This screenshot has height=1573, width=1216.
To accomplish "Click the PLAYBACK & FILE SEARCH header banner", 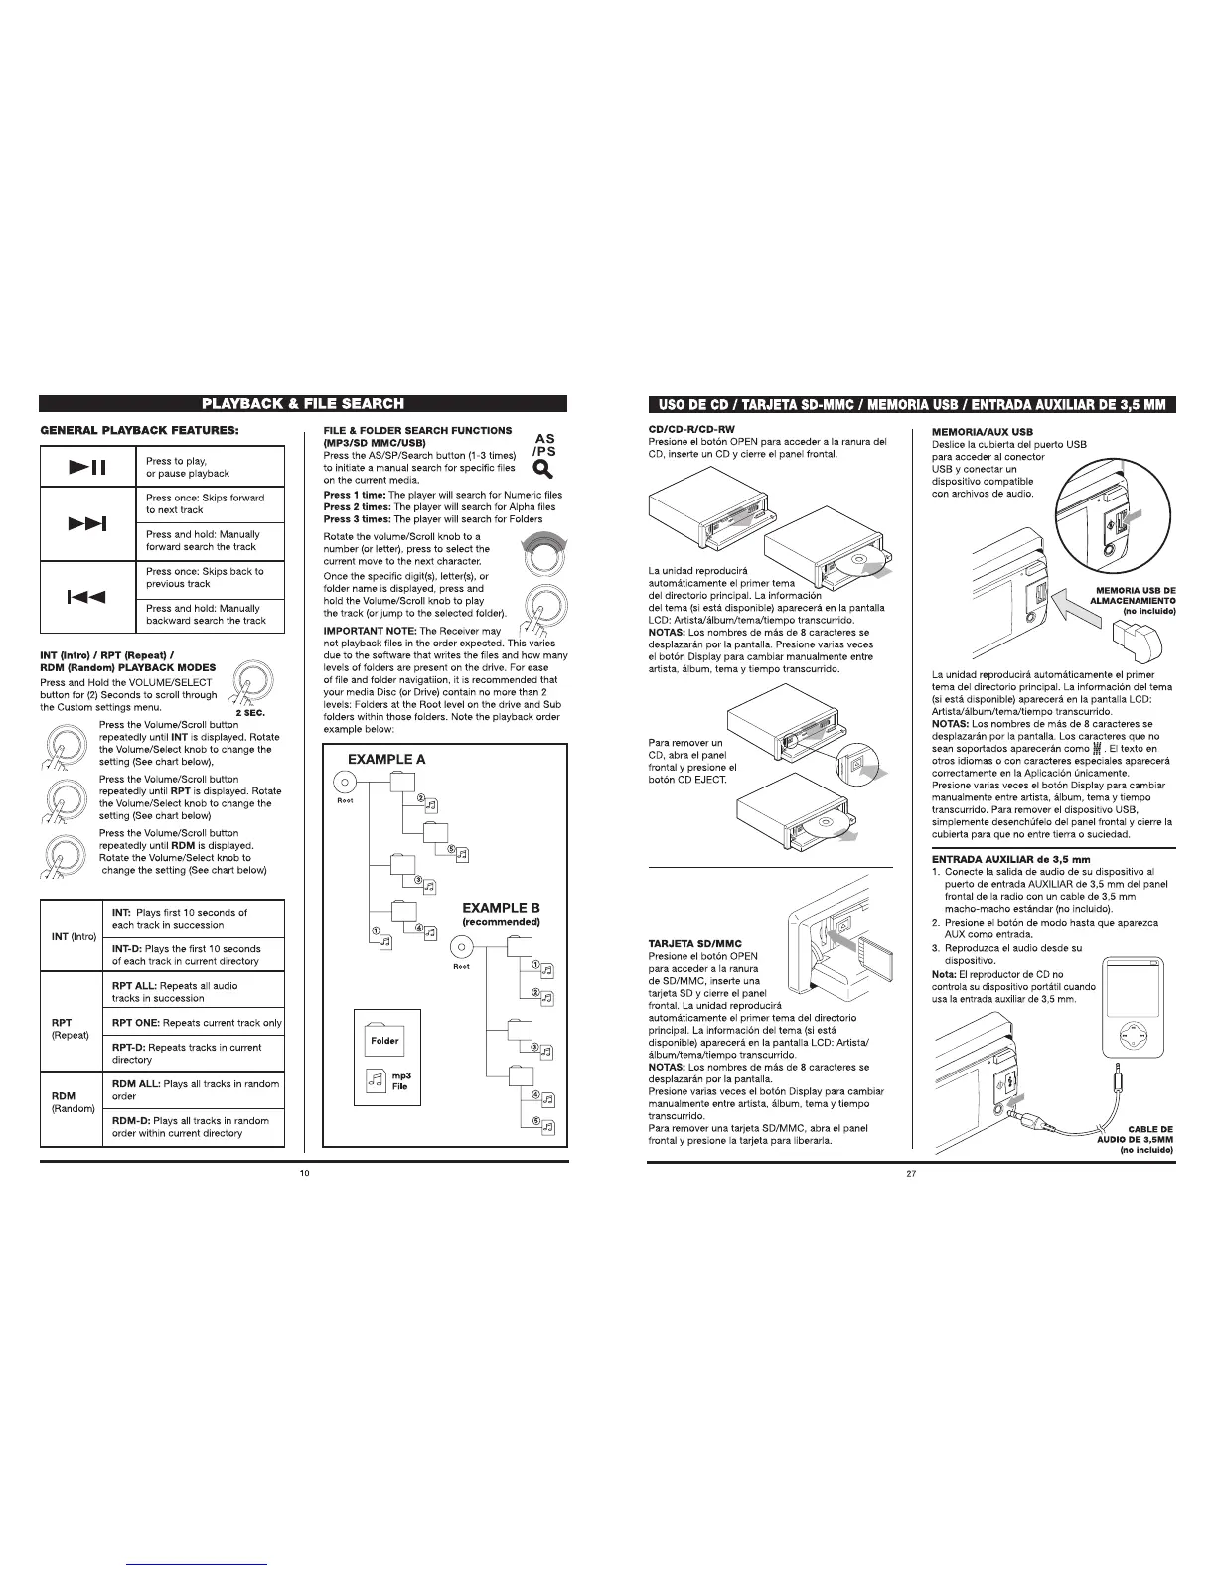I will tap(303, 403).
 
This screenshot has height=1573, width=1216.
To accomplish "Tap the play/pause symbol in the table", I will tap(87, 468).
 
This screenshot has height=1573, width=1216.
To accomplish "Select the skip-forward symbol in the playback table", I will tap(87, 522).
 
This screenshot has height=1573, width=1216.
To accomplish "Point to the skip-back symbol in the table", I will tap(87, 596).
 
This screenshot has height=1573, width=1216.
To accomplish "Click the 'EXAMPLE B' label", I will tap(502, 908).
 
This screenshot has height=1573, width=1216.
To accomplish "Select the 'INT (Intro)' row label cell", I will tap(73, 936).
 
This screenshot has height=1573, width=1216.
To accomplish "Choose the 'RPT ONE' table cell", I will tap(197, 1023).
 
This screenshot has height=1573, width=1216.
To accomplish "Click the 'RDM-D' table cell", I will tap(197, 1126).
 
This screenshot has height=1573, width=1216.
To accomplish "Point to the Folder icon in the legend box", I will tap(384, 1038).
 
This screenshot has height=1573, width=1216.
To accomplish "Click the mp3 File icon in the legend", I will tap(377, 1080).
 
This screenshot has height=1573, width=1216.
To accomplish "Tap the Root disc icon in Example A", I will tap(344, 782).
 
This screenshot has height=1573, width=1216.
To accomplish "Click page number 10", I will tap(305, 1174).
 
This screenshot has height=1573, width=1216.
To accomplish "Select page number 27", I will tap(911, 1174).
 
